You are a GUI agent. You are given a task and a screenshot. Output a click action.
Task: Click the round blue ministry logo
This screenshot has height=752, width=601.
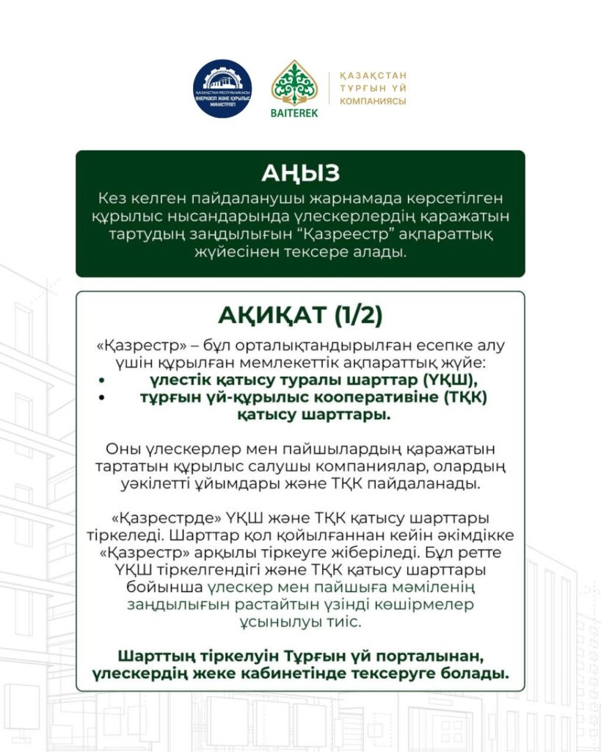222,90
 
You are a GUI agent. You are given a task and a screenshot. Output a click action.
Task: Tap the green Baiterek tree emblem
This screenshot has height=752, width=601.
295,84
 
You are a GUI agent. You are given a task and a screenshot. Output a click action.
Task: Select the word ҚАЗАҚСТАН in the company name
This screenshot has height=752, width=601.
373,76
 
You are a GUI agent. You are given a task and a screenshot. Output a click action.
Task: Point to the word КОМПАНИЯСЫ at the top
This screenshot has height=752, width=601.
373,101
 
